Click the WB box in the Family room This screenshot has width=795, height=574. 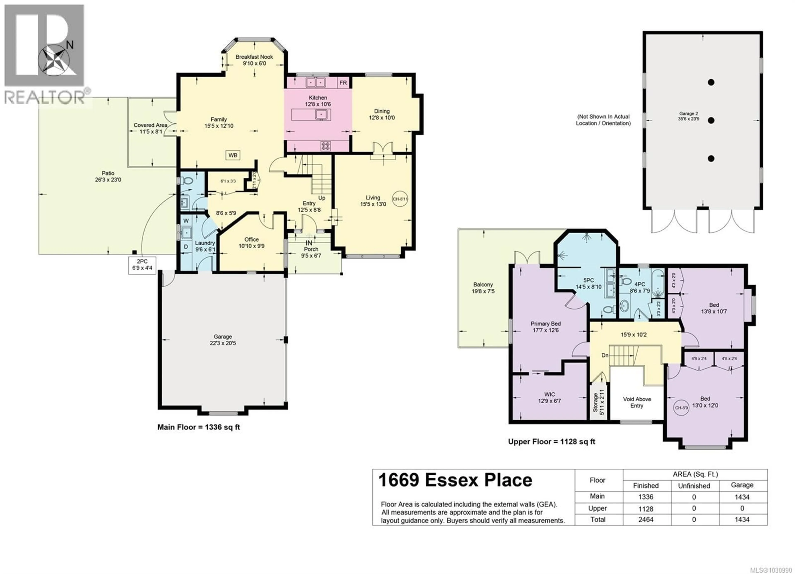click(x=233, y=155)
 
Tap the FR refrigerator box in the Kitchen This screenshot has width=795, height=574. click(x=343, y=83)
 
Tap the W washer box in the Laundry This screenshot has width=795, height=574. click(x=186, y=221)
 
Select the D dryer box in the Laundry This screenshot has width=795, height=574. click(x=186, y=246)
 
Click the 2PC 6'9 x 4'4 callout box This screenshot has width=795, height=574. click(x=142, y=265)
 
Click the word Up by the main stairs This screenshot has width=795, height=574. click(x=322, y=198)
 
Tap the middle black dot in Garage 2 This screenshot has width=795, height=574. click(x=711, y=120)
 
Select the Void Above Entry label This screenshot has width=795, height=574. click(x=637, y=402)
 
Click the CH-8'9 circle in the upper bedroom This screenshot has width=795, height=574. click(x=681, y=408)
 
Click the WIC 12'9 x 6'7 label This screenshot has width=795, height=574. click(x=549, y=398)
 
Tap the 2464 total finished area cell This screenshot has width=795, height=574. click(x=646, y=520)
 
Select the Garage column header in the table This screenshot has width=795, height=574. click(x=742, y=485)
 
